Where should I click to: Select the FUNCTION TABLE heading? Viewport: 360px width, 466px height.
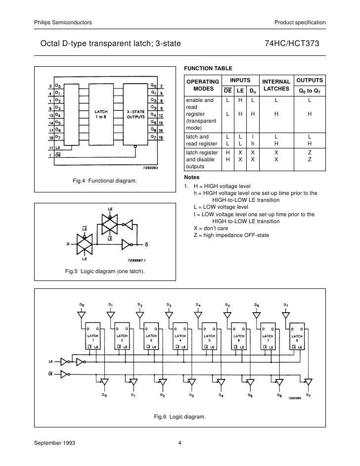[208, 68]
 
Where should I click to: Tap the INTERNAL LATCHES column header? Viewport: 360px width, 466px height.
[276, 85]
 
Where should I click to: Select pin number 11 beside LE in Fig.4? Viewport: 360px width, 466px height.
[50, 147]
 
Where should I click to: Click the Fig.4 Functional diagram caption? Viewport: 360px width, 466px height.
[104, 182]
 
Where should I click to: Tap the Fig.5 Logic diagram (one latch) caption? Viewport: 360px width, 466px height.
[105, 271]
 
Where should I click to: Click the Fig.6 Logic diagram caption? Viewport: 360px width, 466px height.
[180, 417]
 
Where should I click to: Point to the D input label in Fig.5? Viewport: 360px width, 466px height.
[67, 243]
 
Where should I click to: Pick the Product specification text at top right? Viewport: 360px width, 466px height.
[300, 23]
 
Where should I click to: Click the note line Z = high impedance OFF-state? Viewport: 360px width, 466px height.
[231, 235]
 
